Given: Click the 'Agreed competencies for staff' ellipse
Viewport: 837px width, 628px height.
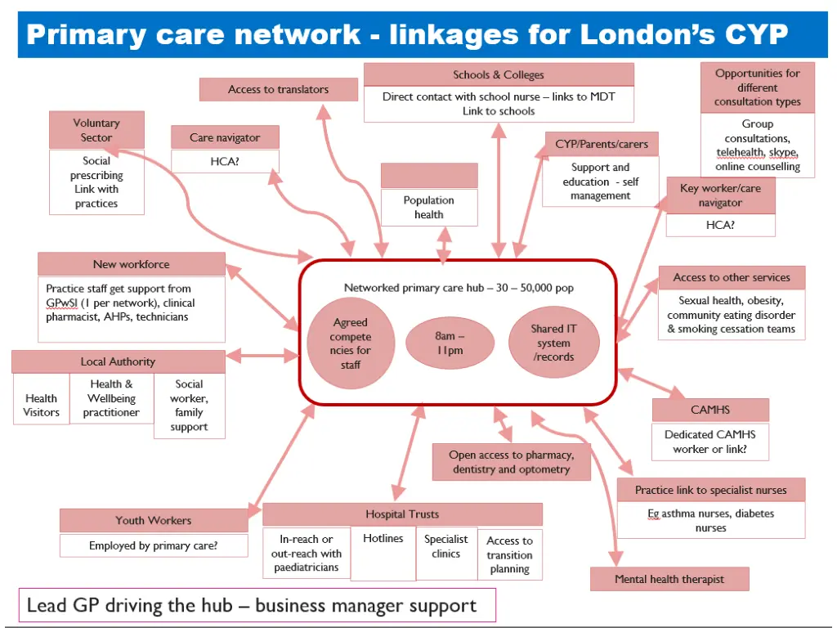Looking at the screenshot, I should click(x=351, y=343).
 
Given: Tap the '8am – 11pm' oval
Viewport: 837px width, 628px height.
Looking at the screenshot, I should click(x=450, y=343).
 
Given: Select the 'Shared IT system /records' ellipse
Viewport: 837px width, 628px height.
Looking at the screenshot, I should click(x=553, y=343).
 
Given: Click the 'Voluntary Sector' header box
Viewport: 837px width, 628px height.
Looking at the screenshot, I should click(x=96, y=130).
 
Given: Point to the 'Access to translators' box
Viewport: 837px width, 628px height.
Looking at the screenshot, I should click(x=279, y=89).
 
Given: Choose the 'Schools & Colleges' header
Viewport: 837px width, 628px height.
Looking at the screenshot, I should click(x=499, y=74).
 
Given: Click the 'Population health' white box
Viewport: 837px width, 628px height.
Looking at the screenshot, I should click(x=429, y=207).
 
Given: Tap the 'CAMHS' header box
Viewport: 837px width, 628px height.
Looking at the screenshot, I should click(x=710, y=410).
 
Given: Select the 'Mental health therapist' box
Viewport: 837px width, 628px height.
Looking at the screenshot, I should click(x=669, y=579).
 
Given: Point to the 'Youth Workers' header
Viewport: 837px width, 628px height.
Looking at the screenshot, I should click(x=154, y=520).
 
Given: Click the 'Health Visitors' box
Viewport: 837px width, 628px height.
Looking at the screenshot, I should click(x=41, y=406).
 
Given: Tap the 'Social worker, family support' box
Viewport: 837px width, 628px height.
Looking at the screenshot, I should click(x=189, y=406).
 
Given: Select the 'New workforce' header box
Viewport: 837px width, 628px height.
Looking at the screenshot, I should click(x=132, y=264).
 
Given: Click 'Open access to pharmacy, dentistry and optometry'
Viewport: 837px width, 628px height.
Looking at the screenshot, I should click(x=511, y=462).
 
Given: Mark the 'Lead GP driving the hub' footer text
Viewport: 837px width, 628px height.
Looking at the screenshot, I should click(x=252, y=606).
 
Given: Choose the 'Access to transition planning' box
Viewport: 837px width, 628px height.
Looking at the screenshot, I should click(x=509, y=554).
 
